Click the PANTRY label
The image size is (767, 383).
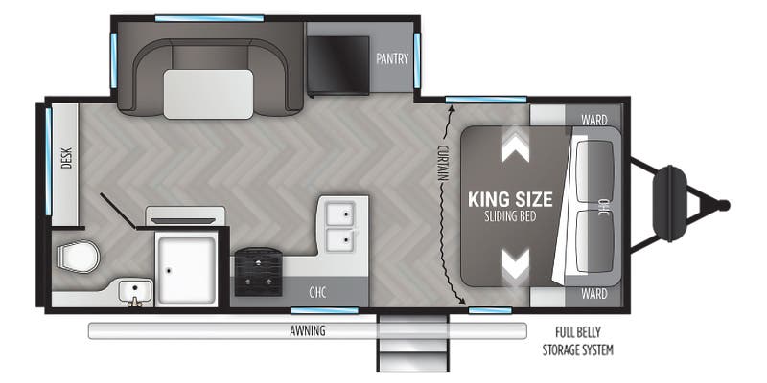click(x=392, y=58)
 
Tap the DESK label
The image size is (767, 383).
click(x=66, y=158)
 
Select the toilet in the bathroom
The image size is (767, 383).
click(x=78, y=257)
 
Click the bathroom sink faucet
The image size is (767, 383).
click(x=134, y=303)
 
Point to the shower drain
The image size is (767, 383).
click(x=169, y=270)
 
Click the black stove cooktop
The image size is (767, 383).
click(x=258, y=272)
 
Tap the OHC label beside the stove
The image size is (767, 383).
click(x=317, y=293)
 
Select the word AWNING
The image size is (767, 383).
click(x=307, y=330)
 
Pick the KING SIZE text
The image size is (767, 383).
click(x=510, y=199)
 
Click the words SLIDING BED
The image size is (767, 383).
click(x=510, y=216)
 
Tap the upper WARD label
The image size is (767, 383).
click(x=594, y=120)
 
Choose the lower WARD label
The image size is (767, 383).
click(x=594, y=294)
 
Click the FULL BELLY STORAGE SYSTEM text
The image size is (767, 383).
click(x=578, y=341)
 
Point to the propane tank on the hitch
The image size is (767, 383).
click(x=669, y=203)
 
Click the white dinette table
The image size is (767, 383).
click(x=208, y=94)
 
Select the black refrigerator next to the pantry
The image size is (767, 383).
click(x=338, y=65)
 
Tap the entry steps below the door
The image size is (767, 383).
click(x=412, y=343)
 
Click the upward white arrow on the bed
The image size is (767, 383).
click(x=516, y=146)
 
